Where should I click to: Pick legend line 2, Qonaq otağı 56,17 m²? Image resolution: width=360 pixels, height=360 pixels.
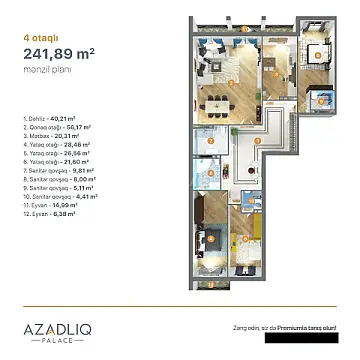pos(54,127)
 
